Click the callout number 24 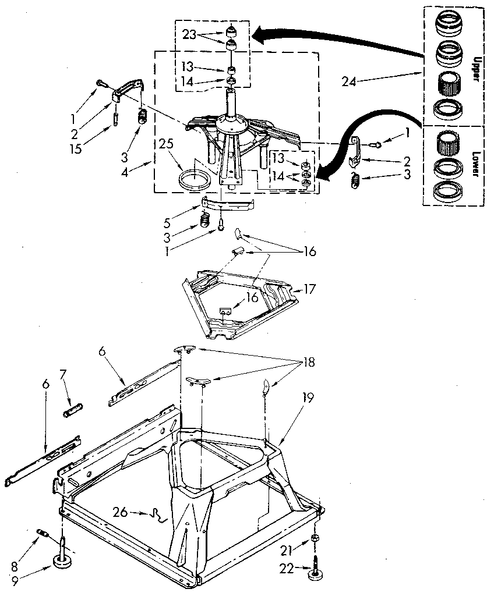click(x=349, y=83)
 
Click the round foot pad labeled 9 click(x=61, y=560)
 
